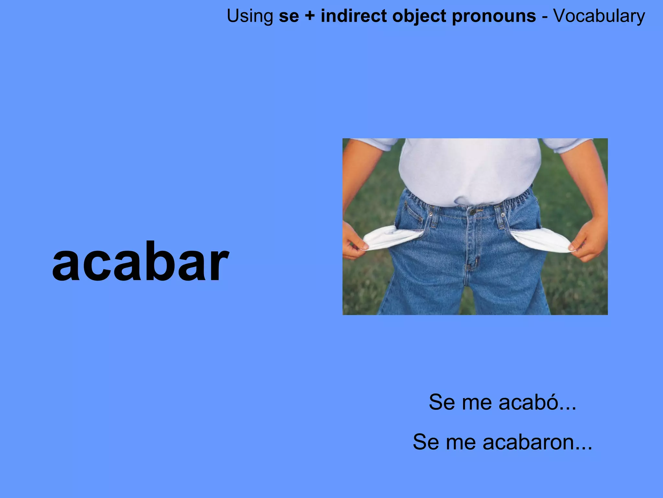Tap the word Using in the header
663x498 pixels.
pyautogui.click(x=250, y=16)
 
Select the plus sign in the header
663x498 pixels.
pyautogui.click(x=309, y=16)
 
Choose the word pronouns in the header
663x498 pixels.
pyautogui.click(x=494, y=16)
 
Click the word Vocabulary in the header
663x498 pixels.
pyautogui.click(x=599, y=16)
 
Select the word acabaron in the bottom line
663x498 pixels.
pyautogui.click(x=528, y=442)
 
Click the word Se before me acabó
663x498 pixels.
pyautogui.click(x=442, y=402)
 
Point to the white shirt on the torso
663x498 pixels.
pyautogui.click(x=469, y=169)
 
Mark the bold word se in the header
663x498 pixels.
pyautogui.click(x=289, y=16)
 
